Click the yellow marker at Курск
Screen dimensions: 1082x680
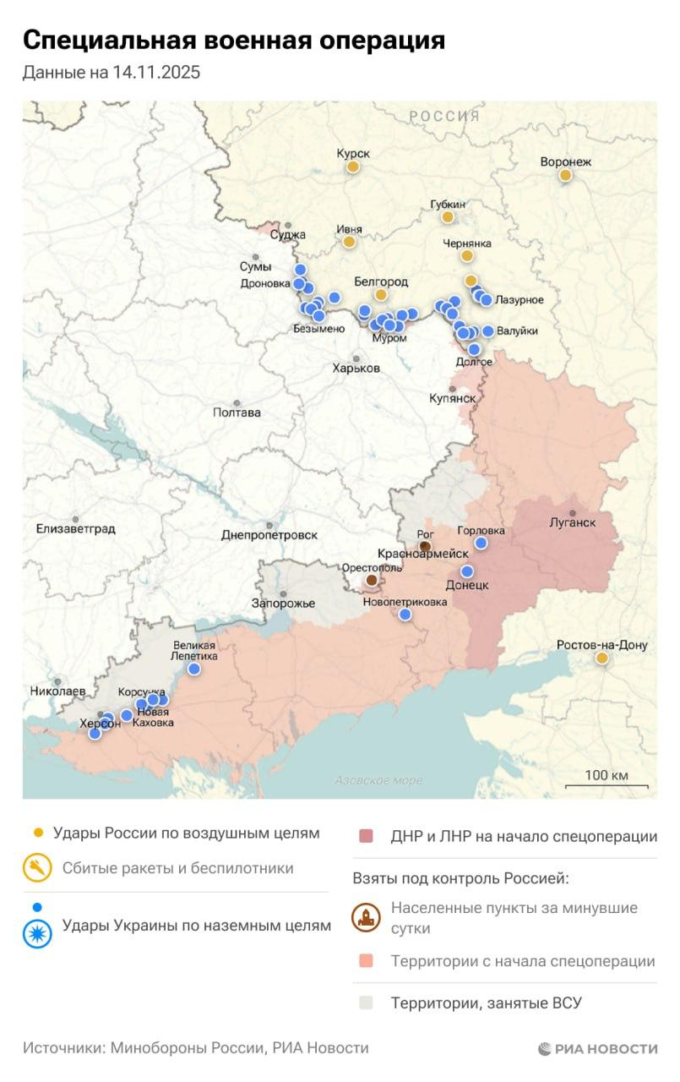point(353,167)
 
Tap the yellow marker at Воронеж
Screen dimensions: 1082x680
point(565,176)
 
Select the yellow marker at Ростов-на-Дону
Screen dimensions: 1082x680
point(601,658)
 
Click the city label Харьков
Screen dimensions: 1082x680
point(356,369)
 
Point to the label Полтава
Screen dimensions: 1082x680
point(237,413)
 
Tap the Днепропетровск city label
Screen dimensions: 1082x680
point(269,535)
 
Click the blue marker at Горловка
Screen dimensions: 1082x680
point(481,544)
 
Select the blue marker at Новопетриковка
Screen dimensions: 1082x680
point(405,615)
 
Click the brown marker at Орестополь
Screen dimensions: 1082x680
point(372,581)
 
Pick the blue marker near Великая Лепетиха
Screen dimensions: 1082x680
point(193,669)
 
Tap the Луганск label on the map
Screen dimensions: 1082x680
point(573,522)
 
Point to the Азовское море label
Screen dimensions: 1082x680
point(378,780)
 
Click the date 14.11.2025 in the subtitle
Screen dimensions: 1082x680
point(155,73)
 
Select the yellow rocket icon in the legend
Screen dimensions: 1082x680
point(38,869)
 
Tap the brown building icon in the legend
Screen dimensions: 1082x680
point(366,918)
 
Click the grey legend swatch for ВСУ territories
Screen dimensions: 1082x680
point(366,1003)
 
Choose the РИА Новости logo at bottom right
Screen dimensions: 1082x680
point(597,1049)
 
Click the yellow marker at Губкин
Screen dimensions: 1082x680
point(448,217)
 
